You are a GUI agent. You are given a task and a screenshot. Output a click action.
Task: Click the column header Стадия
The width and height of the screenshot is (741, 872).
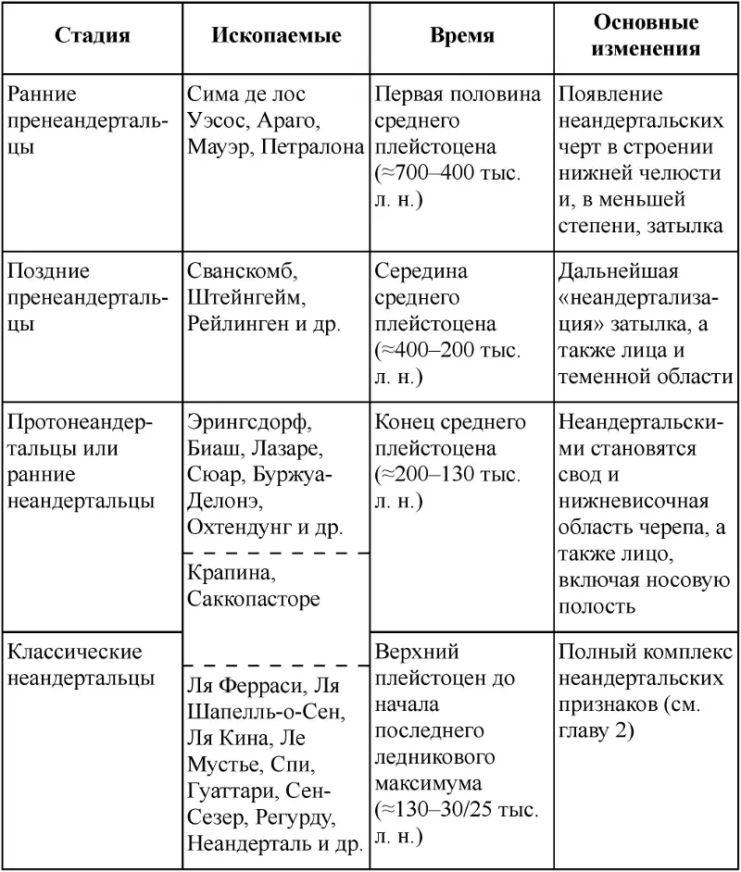[x=92, y=37]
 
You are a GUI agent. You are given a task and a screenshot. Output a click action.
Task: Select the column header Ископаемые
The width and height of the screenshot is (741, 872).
[x=276, y=37]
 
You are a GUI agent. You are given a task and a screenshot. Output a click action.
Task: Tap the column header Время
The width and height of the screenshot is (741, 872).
[x=462, y=37]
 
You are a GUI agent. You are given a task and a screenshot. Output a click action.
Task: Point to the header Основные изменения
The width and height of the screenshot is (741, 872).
[x=646, y=37]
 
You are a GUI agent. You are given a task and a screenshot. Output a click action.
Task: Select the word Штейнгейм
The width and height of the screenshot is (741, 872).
[x=244, y=298]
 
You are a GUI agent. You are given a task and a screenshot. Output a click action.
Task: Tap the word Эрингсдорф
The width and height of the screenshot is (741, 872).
[x=249, y=424]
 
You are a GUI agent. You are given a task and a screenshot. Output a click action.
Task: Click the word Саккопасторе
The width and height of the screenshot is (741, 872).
[x=253, y=599]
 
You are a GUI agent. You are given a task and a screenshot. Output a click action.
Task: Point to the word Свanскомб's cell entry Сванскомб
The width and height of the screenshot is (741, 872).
[x=244, y=272]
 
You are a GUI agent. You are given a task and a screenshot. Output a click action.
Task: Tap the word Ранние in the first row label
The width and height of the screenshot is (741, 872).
[x=43, y=95]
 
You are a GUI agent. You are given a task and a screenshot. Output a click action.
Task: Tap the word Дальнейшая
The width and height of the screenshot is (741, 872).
[x=619, y=272]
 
